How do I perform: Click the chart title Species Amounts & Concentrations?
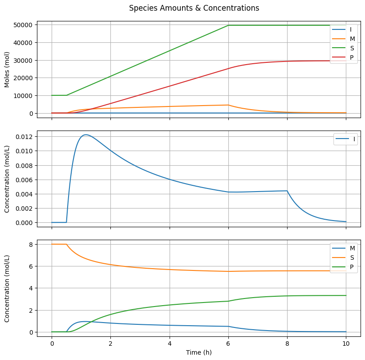pos(194,8)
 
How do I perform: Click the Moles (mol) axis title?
pos(7,70)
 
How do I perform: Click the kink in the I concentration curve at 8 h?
pos(287,191)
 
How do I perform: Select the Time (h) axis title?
pos(199,352)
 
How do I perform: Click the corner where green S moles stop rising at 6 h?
pos(228,25)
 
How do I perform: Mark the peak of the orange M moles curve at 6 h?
pos(228,105)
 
